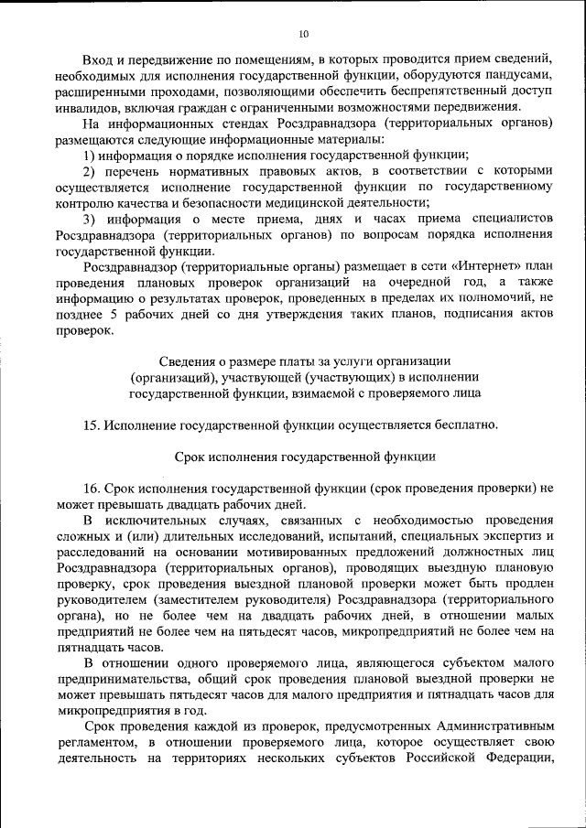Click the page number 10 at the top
pyautogui.click(x=303, y=34)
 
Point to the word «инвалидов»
pyautogui.click(x=84, y=109)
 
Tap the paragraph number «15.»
pyautogui.click(x=91, y=425)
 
